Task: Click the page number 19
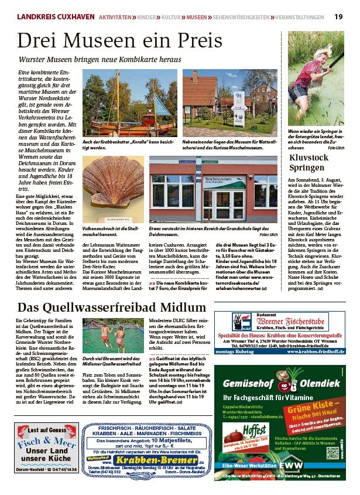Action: point(339,16)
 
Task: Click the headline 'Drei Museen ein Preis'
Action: point(119,40)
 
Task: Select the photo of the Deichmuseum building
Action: point(213,190)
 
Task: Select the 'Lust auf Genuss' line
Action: point(46,431)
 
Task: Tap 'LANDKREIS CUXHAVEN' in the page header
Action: point(55,17)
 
